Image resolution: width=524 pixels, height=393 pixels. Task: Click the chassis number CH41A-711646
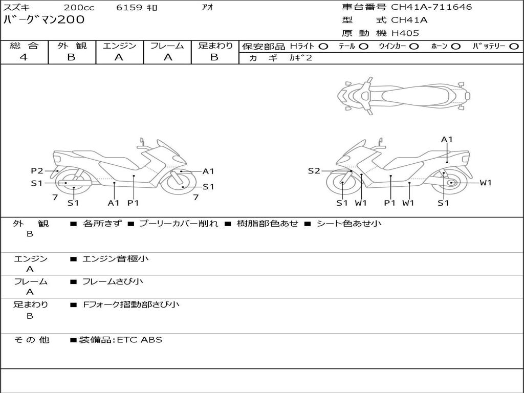click(x=431, y=7)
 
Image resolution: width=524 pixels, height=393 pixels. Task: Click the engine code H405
click(x=405, y=33)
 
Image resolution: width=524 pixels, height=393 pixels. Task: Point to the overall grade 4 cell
click(x=24, y=57)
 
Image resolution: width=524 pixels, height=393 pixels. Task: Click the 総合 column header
click(x=24, y=46)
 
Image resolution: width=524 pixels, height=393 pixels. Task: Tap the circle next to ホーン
click(x=456, y=47)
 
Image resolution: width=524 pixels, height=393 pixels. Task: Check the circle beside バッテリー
click(x=514, y=47)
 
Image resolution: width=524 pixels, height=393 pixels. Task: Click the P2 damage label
click(x=37, y=171)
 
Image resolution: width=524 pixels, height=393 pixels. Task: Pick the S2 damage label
click(x=314, y=171)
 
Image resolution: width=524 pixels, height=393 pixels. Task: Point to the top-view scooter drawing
click(x=403, y=95)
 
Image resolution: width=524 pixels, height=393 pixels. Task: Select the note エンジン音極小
click(x=116, y=259)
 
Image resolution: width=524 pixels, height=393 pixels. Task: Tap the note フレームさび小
click(x=113, y=281)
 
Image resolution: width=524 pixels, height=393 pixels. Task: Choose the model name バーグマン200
click(x=44, y=20)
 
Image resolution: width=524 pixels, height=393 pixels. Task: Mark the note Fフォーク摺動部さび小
click(x=131, y=304)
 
